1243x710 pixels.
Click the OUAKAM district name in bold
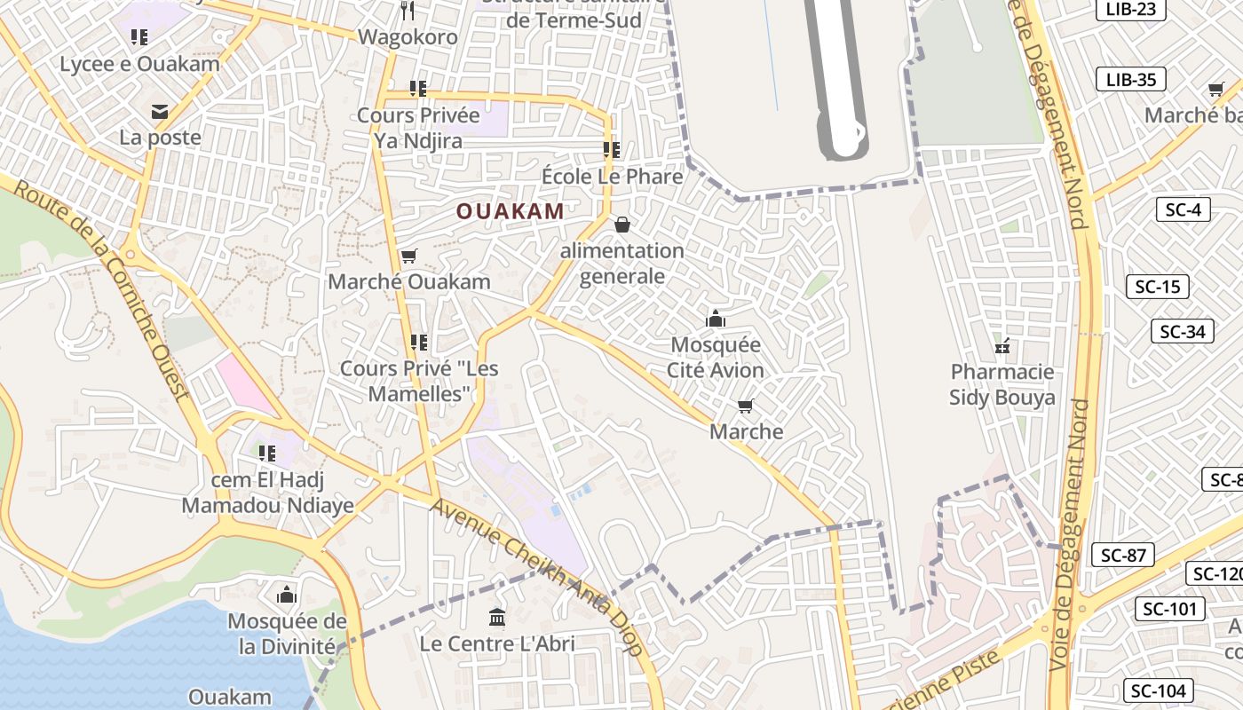[x=510, y=211]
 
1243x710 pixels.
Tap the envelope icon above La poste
[x=160, y=111]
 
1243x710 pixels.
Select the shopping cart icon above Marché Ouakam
[x=408, y=256]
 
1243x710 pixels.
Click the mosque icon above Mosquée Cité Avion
[x=716, y=319]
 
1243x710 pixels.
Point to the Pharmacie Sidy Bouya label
[x=1002, y=384]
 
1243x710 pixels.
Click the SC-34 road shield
[x=1182, y=332]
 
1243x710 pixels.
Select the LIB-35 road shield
[x=1131, y=79]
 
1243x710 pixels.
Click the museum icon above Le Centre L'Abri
[x=497, y=617]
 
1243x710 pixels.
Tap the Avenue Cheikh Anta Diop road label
[x=538, y=577]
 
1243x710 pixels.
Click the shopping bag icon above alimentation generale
[x=622, y=225]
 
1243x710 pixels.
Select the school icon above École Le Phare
[x=612, y=150]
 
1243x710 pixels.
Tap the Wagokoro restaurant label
[x=408, y=37]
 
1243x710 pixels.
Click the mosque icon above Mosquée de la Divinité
[x=287, y=594]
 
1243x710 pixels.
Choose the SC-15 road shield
[x=1158, y=287]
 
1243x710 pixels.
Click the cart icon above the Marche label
[x=746, y=406]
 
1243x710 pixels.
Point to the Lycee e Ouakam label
[x=139, y=64]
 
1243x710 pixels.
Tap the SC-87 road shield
[x=1123, y=556]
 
